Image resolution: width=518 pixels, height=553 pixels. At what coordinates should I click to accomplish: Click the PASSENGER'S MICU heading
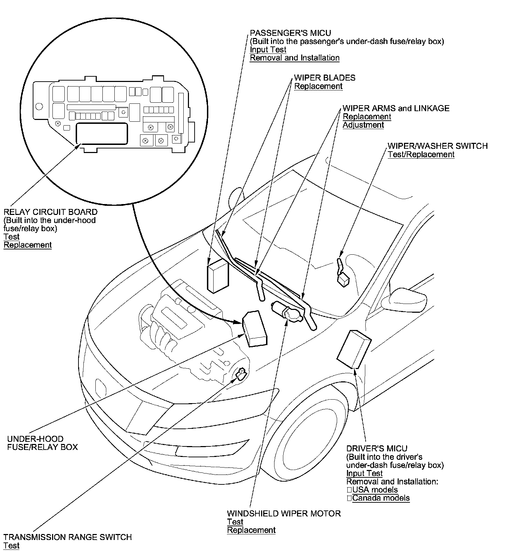(290, 33)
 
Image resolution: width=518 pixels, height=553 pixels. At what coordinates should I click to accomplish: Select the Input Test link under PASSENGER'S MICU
(268, 50)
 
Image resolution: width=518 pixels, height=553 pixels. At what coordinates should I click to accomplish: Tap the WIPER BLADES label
(324, 78)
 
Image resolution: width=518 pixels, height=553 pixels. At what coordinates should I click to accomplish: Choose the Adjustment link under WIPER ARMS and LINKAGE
(363, 125)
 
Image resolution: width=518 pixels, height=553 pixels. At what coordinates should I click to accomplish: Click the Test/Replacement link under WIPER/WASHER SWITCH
(421, 154)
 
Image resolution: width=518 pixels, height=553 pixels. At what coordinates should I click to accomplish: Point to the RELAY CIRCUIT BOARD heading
(50, 212)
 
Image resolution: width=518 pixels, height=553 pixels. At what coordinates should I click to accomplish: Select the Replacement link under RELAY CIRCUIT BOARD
(27, 245)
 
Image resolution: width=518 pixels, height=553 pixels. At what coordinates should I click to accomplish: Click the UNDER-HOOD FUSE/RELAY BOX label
(42, 443)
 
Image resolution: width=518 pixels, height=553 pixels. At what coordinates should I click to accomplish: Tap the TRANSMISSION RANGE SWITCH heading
(68, 537)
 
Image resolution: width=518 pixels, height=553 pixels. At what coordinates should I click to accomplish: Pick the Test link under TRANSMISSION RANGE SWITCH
(11, 546)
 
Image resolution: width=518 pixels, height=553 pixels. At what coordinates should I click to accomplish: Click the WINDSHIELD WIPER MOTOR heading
(284, 514)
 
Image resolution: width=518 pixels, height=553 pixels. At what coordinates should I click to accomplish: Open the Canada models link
(381, 498)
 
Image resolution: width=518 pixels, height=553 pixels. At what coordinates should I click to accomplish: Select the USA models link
(375, 490)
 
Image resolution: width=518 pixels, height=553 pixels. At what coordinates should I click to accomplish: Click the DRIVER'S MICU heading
(377, 449)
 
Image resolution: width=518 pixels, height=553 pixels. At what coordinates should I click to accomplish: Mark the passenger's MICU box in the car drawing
(218, 276)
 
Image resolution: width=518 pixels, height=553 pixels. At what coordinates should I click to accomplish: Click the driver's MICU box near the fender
(353, 349)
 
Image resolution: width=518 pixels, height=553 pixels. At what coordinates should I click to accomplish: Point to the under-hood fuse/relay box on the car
(255, 328)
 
